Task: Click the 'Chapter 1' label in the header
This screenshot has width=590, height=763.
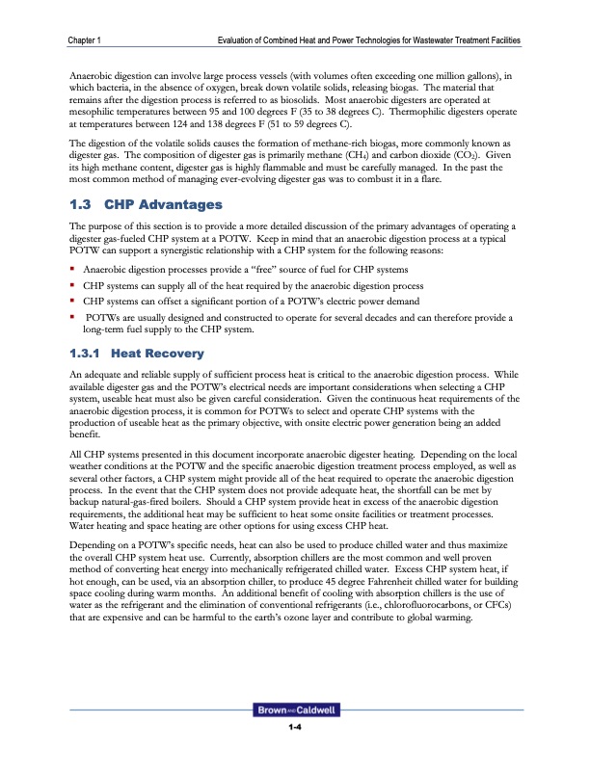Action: tap(86, 39)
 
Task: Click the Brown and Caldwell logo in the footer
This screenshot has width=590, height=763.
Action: tap(295, 710)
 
